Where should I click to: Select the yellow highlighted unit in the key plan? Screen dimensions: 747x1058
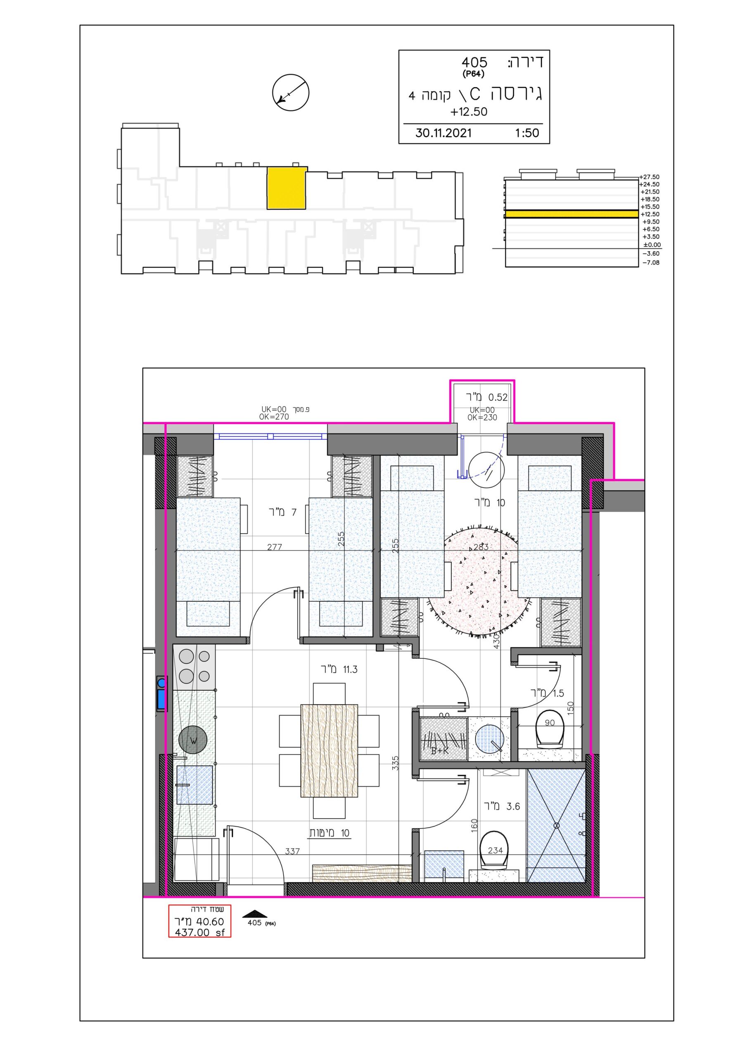(x=287, y=188)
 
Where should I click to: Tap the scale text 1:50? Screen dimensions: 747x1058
(x=527, y=133)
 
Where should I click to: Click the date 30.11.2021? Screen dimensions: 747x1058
(x=443, y=133)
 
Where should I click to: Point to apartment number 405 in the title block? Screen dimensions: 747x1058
(x=474, y=62)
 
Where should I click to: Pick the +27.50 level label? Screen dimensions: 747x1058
(x=650, y=177)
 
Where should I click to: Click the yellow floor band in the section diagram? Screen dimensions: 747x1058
(x=572, y=214)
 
